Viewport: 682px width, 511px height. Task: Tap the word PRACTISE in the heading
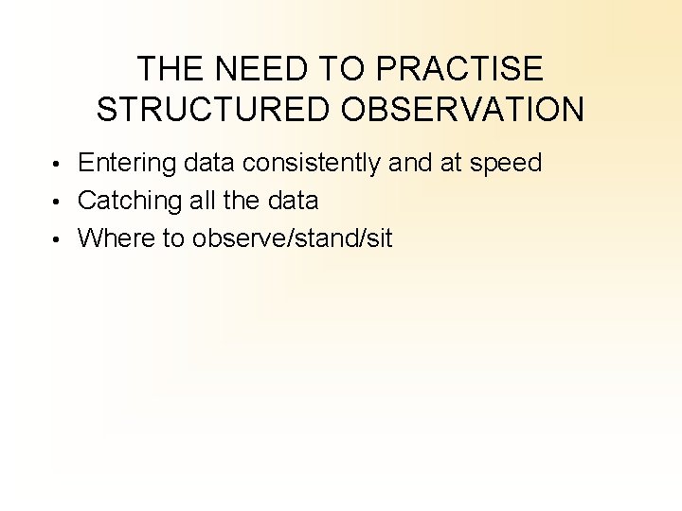point(461,69)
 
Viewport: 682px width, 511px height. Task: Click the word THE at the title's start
point(170,69)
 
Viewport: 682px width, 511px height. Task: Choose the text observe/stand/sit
point(292,238)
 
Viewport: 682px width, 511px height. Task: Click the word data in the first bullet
point(210,164)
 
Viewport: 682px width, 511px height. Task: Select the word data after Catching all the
point(293,201)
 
